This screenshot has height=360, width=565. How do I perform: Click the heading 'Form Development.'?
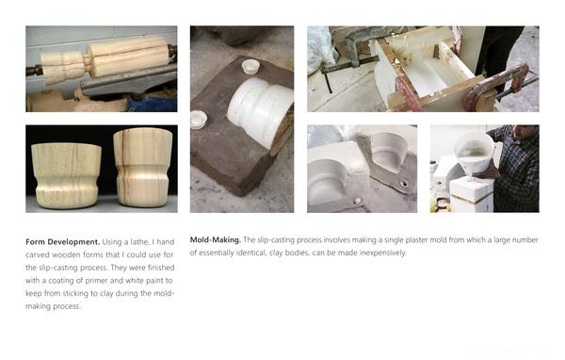[x=63, y=241]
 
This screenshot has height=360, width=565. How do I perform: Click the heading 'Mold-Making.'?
[x=215, y=240]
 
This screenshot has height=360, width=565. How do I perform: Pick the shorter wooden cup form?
[x=66, y=175]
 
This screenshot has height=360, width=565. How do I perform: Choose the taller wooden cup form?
[x=143, y=167]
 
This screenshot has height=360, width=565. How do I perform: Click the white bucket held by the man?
[x=473, y=152]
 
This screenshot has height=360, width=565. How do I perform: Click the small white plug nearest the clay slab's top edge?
[x=250, y=67]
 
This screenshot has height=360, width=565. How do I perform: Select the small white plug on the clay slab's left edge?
[x=199, y=120]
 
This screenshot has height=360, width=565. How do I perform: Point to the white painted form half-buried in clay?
[x=260, y=111]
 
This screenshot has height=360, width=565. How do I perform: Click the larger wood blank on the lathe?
[x=129, y=56]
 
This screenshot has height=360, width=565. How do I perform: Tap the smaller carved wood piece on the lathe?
[x=64, y=66]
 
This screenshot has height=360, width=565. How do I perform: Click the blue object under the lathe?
[x=152, y=104]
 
